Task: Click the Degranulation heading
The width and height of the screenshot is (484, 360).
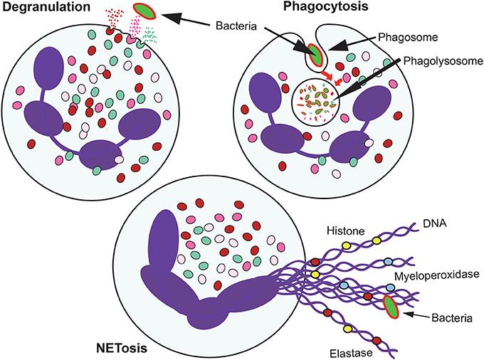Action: coord(46,7)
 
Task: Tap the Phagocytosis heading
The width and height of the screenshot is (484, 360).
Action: coord(326,6)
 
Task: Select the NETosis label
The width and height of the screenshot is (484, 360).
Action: coord(122,349)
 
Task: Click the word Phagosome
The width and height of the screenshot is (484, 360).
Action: coord(408,37)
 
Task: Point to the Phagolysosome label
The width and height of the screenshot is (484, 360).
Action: coord(443,60)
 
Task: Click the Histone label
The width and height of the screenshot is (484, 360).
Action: coord(346,231)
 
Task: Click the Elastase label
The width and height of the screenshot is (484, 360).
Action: coord(352,353)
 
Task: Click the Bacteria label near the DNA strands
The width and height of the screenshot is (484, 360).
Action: coord(452,318)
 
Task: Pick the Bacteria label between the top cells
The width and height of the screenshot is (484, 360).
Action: coord(236,26)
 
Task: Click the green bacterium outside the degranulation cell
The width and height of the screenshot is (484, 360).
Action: coord(144,11)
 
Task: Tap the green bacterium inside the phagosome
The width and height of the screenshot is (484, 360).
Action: coord(316,55)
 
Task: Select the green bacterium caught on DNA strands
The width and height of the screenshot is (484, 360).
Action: coord(391,307)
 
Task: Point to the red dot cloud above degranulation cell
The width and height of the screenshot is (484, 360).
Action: coord(114,18)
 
